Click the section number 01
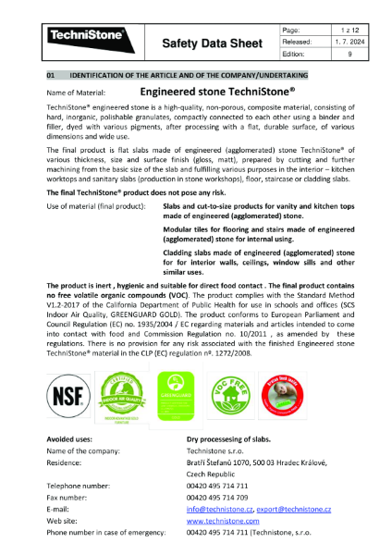(x=53, y=73)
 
